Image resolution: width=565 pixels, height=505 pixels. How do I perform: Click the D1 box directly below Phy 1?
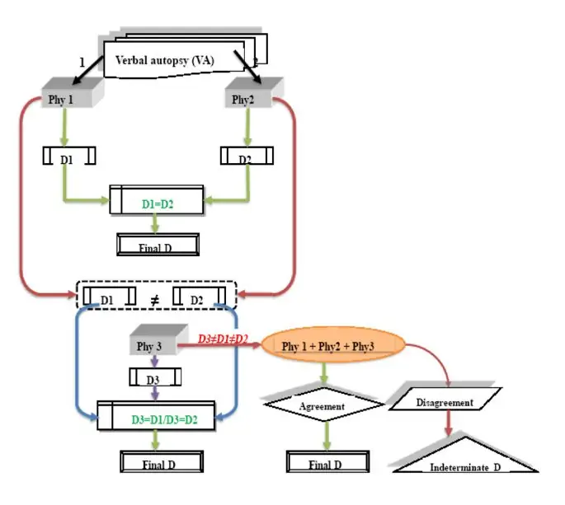pyautogui.click(x=68, y=156)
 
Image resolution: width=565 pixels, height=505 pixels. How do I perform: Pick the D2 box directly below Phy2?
pyautogui.click(x=247, y=156)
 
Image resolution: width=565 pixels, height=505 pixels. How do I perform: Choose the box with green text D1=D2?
pyautogui.click(x=157, y=200)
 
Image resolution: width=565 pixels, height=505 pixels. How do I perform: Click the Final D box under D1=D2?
pyautogui.click(x=157, y=245)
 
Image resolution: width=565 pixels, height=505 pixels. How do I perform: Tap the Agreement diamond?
pyautogui.click(x=324, y=406)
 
